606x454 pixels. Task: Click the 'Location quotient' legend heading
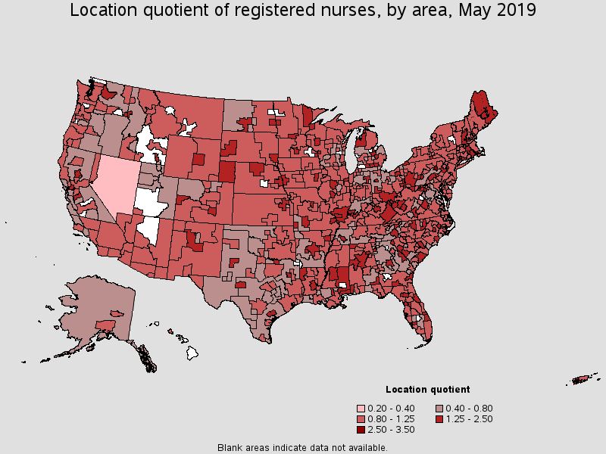tap(427, 390)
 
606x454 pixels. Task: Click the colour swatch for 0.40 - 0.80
tap(439, 409)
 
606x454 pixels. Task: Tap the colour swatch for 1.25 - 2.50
tap(439, 419)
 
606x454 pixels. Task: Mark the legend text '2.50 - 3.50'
tap(392, 430)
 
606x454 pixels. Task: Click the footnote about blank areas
tap(302, 447)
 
